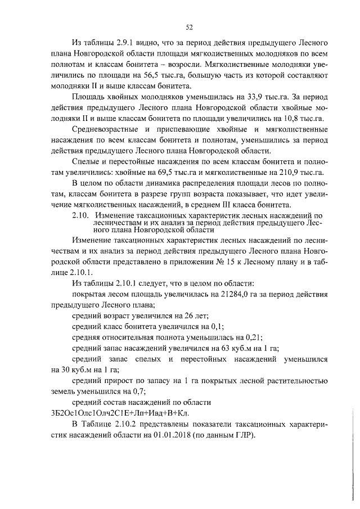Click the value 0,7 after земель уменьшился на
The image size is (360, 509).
(130, 391)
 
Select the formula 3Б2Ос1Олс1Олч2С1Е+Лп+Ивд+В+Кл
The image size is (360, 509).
(120, 413)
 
